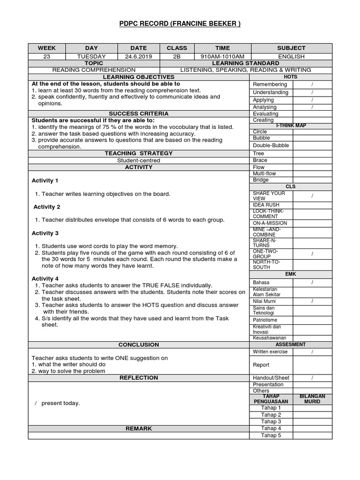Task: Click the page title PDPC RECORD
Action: click(180, 24)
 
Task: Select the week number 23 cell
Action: click(46, 56)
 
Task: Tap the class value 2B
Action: click(177, 56)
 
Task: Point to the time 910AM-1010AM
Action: click(223, 56)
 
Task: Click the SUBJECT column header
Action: click(291, 48)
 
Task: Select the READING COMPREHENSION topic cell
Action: click(94, 70)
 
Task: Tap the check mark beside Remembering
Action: click(312, 84)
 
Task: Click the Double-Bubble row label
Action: click(271, 145)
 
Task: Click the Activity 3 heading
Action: click(45, 233)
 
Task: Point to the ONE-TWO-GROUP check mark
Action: click(312, 254)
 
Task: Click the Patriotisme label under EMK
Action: click(265, 320)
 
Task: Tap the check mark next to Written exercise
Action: click(312, 352)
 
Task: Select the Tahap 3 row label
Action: click(271, 421)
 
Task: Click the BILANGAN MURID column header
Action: click(312, 399)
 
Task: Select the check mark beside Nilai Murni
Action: click(312, 301)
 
